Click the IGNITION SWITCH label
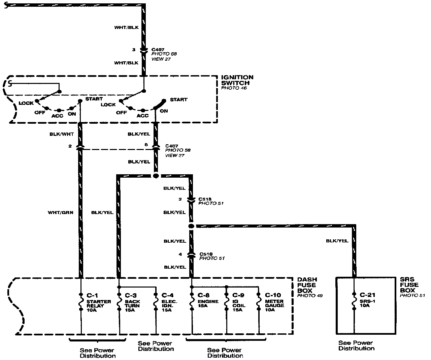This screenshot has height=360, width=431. [x=237, y=80]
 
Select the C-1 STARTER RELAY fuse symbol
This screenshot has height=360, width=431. [x=81, y=301]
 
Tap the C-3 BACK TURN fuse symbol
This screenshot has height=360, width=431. [x=120, y=301]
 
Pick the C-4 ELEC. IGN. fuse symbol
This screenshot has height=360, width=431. [x=156, y=301]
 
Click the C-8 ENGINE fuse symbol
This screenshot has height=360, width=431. [x=192, y=301]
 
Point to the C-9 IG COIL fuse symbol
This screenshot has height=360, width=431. [x=227, y=301]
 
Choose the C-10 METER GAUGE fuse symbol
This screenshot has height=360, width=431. [x=259, y=301]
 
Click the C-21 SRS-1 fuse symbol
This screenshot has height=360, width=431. [x=354, y=301]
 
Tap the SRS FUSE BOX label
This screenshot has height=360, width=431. [x=407, y=285]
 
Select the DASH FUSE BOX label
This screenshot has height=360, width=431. [x=307, y=285]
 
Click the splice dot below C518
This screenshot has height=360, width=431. [x=191, y=226]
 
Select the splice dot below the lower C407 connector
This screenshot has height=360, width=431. [x=156, y=176]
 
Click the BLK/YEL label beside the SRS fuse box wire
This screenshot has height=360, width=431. [x=337, y=241]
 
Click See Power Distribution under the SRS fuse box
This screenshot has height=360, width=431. [x=356, y=346]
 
